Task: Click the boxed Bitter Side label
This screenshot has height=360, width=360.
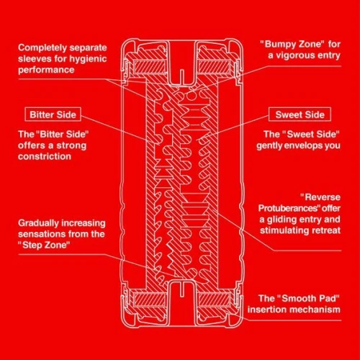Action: tap(53, 114)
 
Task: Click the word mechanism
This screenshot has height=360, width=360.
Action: tap(309, 310)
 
